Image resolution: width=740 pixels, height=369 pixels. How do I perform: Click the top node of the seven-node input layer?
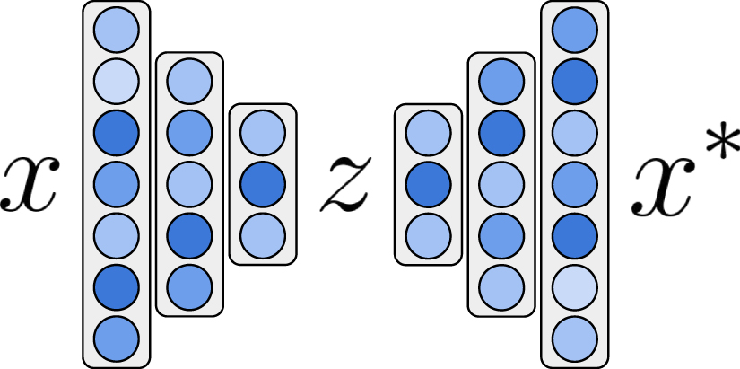point(117,32)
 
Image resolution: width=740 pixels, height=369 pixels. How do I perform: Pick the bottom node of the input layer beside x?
point(117,336)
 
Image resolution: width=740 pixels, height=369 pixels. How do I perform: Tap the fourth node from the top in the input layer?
point(117,184)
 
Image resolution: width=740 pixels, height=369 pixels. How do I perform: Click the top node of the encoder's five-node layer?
point(189,83)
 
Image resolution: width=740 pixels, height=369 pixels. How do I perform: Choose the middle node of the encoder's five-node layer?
point(189,184)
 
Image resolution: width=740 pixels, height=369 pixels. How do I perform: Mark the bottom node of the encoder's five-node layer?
point(189,286)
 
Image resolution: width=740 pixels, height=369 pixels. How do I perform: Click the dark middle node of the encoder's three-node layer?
point(263,184)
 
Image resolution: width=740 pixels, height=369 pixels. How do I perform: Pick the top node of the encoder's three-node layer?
point(263,134)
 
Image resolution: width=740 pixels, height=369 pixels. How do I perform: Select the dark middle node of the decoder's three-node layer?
point(428,184)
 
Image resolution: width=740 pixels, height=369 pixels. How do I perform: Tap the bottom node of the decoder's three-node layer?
point(428,234)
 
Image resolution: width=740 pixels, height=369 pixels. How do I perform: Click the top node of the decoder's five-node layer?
point(501,83)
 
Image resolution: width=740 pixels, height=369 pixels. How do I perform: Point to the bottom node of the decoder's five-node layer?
point(501,286)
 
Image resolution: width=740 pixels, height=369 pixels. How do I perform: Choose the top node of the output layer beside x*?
point(575,32)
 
